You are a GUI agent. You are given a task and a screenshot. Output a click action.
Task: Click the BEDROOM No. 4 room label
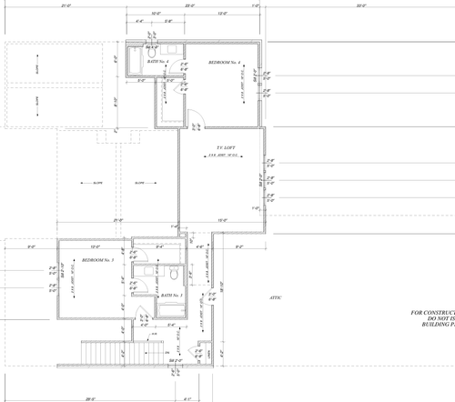click(x=223, y=62)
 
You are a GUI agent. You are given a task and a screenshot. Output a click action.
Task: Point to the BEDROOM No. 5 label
click(x=96, y=260)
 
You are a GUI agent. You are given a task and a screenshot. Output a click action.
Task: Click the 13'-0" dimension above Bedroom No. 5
click(x=94, y=246)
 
